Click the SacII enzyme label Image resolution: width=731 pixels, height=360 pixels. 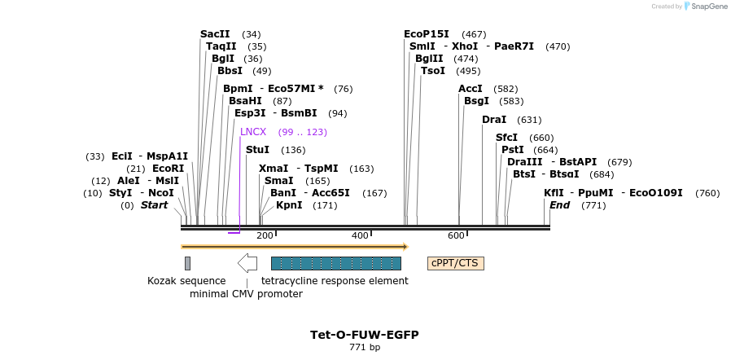point(215,34)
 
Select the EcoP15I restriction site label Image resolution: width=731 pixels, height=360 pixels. point(427,34)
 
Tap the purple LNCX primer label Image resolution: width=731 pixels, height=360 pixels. point(253,132)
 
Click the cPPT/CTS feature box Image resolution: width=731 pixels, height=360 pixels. point(456,263)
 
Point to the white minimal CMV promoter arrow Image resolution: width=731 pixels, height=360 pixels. point(247,263)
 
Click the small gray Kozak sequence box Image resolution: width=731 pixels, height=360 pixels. point(187,263)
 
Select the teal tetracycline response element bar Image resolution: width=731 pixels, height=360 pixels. point(335,263)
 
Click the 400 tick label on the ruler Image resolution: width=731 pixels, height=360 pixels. point(360,236)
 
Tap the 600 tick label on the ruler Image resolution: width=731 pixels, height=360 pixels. point(456,236)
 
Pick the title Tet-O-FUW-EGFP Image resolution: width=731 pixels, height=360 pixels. point(365,335)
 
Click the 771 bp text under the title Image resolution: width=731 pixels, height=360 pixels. point(365,348)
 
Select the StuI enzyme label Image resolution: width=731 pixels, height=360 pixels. point(257,150)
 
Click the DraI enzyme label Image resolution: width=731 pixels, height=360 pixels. point(494,120)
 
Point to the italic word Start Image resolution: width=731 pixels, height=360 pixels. point(154,205)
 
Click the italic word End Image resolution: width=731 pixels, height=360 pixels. point(559,205)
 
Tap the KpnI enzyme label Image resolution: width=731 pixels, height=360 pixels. point(289,205)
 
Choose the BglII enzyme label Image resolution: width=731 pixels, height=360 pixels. point(429,59)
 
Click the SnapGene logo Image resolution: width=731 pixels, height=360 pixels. point(708,7)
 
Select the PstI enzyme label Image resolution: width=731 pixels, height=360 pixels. point(513,150)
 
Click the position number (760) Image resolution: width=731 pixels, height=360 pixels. point(708,193)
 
